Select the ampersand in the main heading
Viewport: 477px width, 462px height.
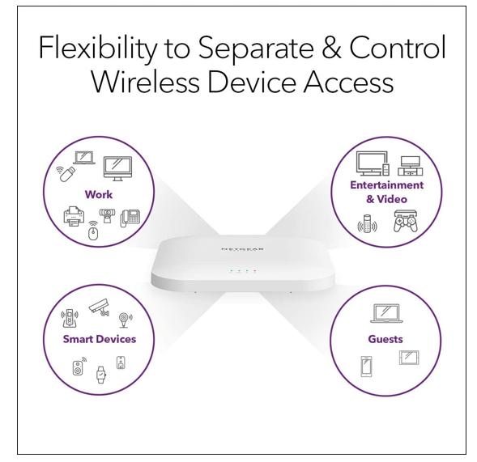330,49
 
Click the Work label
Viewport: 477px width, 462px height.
99,195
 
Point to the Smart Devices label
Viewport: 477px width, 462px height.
100,339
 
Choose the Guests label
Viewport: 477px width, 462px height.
385,339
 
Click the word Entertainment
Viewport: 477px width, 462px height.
386,185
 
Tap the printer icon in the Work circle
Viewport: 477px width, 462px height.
74,217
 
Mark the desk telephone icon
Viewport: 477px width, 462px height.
130,218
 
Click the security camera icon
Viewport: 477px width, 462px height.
98,306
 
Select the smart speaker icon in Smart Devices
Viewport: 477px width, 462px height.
78,368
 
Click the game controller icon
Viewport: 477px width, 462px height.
404,222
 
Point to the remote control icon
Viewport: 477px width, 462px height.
368,223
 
